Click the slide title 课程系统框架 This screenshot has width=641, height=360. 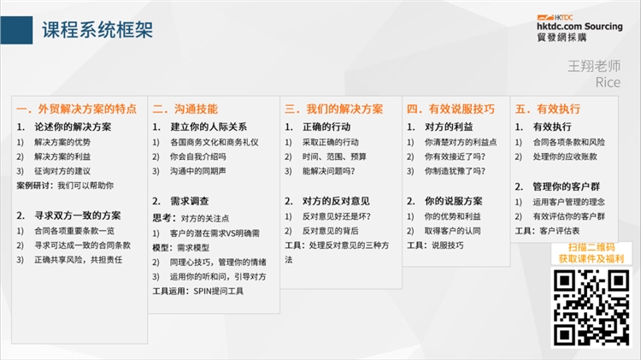(x=97, y=30)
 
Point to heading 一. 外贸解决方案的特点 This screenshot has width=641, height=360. (x=76, y=109)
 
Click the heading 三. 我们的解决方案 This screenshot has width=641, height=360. (x=333, y=109)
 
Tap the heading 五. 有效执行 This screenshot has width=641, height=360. (x=547, y=109)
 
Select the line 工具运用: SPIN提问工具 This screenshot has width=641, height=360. (x=199, y=292)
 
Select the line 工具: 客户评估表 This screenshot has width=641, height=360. (x=547, y=231)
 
